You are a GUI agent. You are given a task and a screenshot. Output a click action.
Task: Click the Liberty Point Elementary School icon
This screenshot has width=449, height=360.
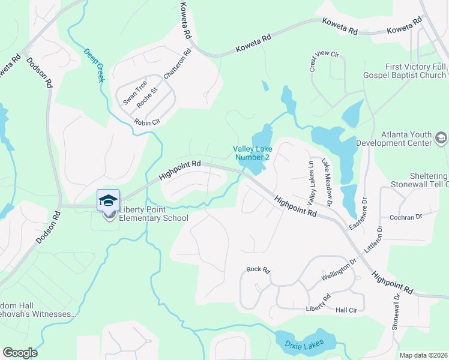109,200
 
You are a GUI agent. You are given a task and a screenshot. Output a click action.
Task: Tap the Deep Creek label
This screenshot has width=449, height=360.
94,65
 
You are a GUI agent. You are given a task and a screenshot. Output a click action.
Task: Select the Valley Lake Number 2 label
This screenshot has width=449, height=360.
252,153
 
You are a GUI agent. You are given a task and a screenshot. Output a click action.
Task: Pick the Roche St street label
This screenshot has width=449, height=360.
147,98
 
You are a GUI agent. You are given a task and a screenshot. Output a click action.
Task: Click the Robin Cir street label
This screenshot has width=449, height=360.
147,122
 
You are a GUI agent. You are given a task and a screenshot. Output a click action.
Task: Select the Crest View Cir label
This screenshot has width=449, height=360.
325,61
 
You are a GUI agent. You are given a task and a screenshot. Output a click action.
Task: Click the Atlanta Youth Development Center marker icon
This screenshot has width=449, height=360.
441,139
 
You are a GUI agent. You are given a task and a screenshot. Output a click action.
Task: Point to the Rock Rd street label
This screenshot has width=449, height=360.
258,270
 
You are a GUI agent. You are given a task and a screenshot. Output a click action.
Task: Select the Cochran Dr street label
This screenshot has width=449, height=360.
406,217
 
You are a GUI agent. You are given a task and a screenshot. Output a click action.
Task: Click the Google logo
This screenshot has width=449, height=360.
20,353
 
